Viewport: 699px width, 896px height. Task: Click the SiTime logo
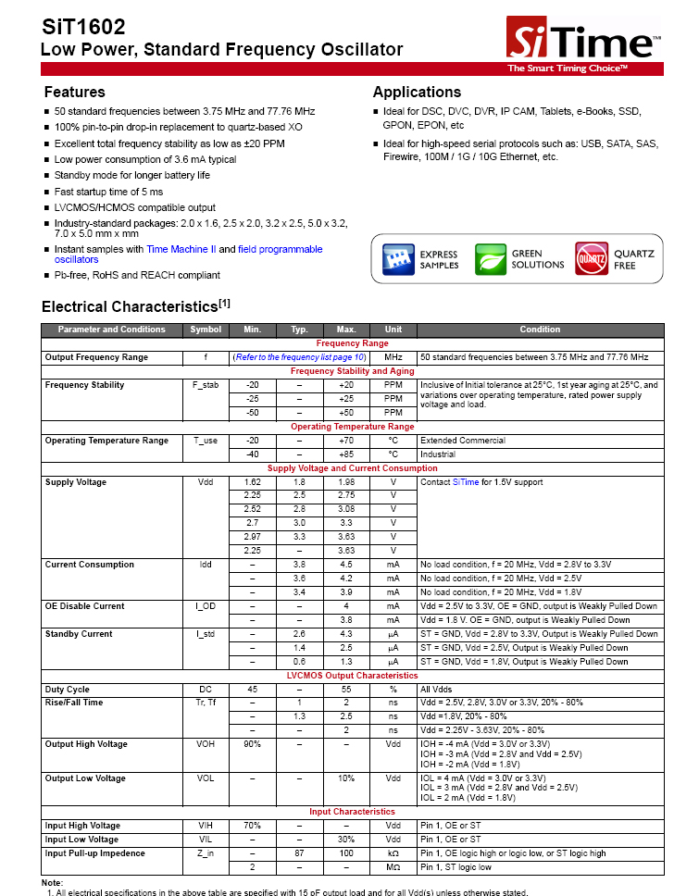click(x=583, y=43)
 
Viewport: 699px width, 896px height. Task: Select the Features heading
click(x=75, y=92)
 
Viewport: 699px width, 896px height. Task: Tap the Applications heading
click(x=417, y=92)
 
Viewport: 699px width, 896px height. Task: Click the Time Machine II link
click(x=181, y=249)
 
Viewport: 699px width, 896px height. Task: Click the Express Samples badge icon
click(x=399, y=259)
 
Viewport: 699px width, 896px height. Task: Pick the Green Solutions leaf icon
click(x=491, y=259)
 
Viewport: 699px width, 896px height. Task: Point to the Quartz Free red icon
click(x=592, y=259)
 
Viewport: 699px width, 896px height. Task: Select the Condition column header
click(x=540, y=330)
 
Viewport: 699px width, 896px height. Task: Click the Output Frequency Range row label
click(x=96, y=357)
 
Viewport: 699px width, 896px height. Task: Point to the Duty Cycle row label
click(x=68, y=690)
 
